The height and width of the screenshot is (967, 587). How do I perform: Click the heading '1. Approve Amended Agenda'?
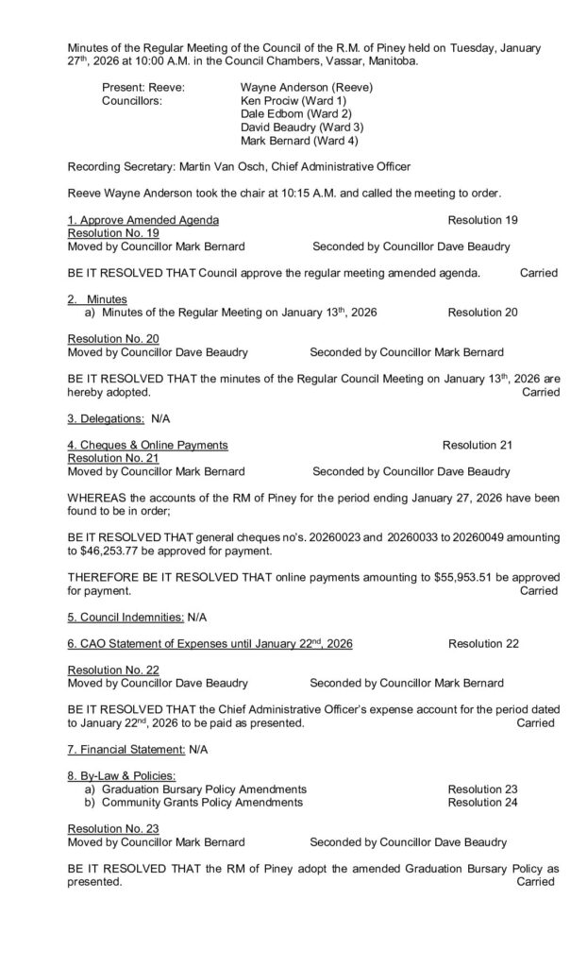pyautogui.click(x=143, y=220)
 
